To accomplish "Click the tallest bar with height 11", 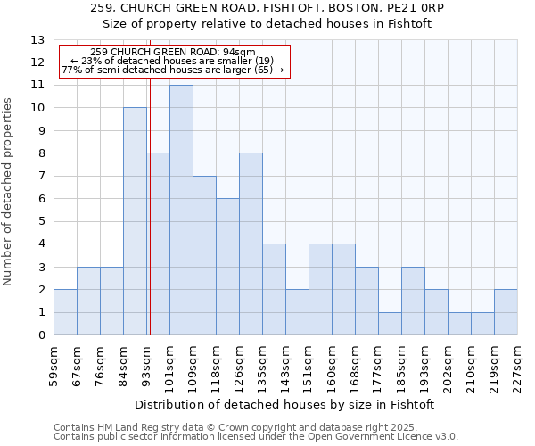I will (x=181, y=210).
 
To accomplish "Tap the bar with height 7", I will (x=204, y=255).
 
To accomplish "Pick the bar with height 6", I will (x=227, y=267).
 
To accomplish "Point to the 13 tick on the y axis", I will (x=38, y=40).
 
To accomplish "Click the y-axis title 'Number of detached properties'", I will (x=8, y=192).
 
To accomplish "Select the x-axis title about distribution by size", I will (x=285, y=404).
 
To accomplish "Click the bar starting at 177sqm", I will (x=390, y=324).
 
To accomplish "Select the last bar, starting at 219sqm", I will (x=506, y=312).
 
